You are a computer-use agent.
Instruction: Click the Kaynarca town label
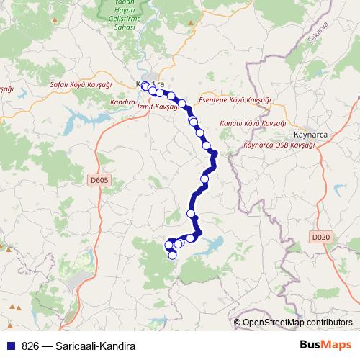(310, 134)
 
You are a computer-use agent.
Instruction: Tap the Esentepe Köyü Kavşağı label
(234, 100)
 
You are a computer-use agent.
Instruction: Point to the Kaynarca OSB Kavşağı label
(279, 145)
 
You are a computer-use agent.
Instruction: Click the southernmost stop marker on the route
(172, 254)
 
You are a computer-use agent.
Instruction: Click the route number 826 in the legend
(30, 346)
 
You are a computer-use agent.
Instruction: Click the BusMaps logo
(325, 346)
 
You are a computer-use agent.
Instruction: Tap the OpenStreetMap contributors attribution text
(297, 323)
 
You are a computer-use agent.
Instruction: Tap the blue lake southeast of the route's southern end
(215, 247)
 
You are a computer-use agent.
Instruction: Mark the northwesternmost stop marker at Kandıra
(145, 86)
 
